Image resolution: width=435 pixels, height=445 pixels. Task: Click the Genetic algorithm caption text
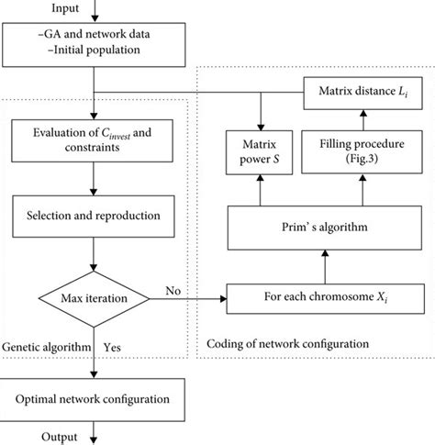click(46, 348)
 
